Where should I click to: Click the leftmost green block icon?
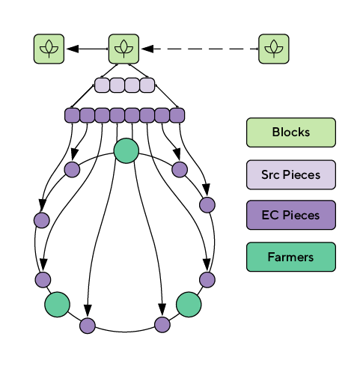coord(49,49)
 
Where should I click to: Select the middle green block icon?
coord(123,49)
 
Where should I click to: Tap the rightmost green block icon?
coord(274,49)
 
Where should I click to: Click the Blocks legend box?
coord(291,132)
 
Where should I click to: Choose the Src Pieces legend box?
coord(291,174)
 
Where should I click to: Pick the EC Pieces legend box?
coord(291,215)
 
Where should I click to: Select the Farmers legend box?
coord(291,257)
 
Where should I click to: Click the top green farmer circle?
coord(126,150)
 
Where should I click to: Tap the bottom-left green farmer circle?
coord(57,305)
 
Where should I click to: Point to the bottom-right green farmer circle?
coord(189,305)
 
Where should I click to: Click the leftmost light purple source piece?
coord(102,85)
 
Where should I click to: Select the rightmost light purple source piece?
coord(147,85)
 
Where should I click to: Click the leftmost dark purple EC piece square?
coord(72,115)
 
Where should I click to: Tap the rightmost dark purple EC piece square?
coord(177,115)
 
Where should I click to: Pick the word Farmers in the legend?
coord(290,257)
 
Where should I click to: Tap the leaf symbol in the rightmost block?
coord(274,49)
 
